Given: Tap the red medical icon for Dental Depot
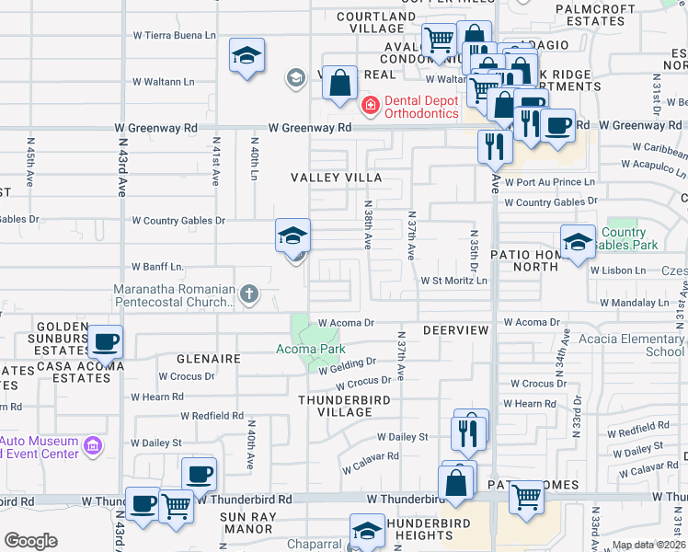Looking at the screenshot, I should point(371,107).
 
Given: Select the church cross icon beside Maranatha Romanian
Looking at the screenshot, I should point(248,294).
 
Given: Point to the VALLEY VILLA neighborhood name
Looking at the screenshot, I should point(336,177).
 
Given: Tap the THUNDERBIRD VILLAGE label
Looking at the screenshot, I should point(345,406).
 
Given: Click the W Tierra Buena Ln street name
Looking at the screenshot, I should point(174,35).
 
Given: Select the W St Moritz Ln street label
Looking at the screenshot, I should point(453,281).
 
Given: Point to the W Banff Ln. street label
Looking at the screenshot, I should point(158,267).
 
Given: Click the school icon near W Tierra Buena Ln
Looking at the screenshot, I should point(247,56).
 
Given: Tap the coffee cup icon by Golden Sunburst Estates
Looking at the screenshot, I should point(106,342).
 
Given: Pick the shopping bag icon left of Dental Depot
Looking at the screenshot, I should point(340,84).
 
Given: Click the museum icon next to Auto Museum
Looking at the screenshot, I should point(92,446).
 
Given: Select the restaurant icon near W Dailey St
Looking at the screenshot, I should point(469,431).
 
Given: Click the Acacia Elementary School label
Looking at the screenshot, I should point(631,345).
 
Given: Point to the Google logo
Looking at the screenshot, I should point(30,541).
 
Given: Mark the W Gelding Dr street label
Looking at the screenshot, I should point(349,366).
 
